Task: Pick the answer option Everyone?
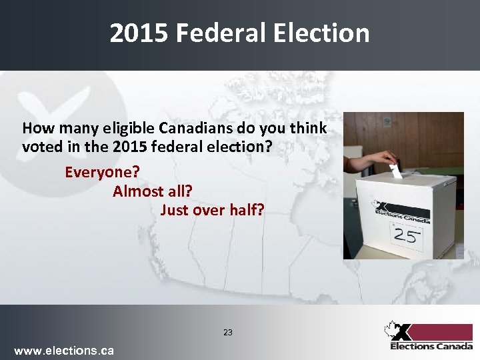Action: [x=102, y=172]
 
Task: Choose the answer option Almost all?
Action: [x=153, y=191]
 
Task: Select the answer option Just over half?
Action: [x=212, y=210]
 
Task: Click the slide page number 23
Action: [x=228, y=332]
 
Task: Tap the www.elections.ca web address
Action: [x=64, y=350]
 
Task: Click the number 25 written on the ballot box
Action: [x=405, y=235]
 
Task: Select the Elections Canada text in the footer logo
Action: [x=431, y=346]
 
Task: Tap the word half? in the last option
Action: [x=247, y=210]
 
